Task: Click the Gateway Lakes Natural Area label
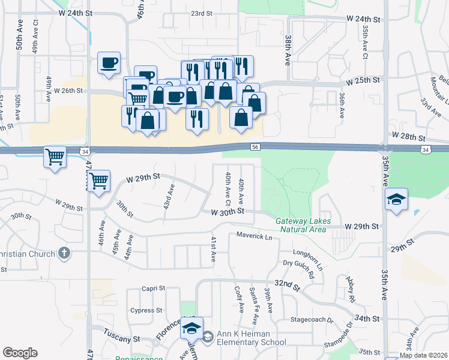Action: coord(301,225)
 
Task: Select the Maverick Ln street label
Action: coord(254,236)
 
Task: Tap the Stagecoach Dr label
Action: coord(312,320)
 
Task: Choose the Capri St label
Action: coord(153,289)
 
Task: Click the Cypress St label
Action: coord(146,310)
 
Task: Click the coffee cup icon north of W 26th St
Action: coord(109,62)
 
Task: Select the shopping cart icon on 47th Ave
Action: coord(99,180)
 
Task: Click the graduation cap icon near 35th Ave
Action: coord(396,199)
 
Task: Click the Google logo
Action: coord(20,353)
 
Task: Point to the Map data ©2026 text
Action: coord(423,355)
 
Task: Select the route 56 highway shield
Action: coord(255,146)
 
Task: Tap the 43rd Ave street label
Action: coord(170,196)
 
